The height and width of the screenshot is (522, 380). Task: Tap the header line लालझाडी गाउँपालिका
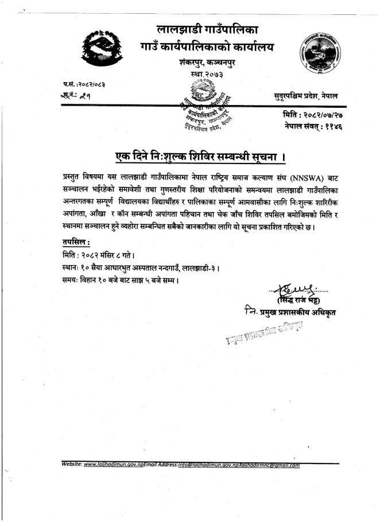pyautogui.click(x=207, y=29)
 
